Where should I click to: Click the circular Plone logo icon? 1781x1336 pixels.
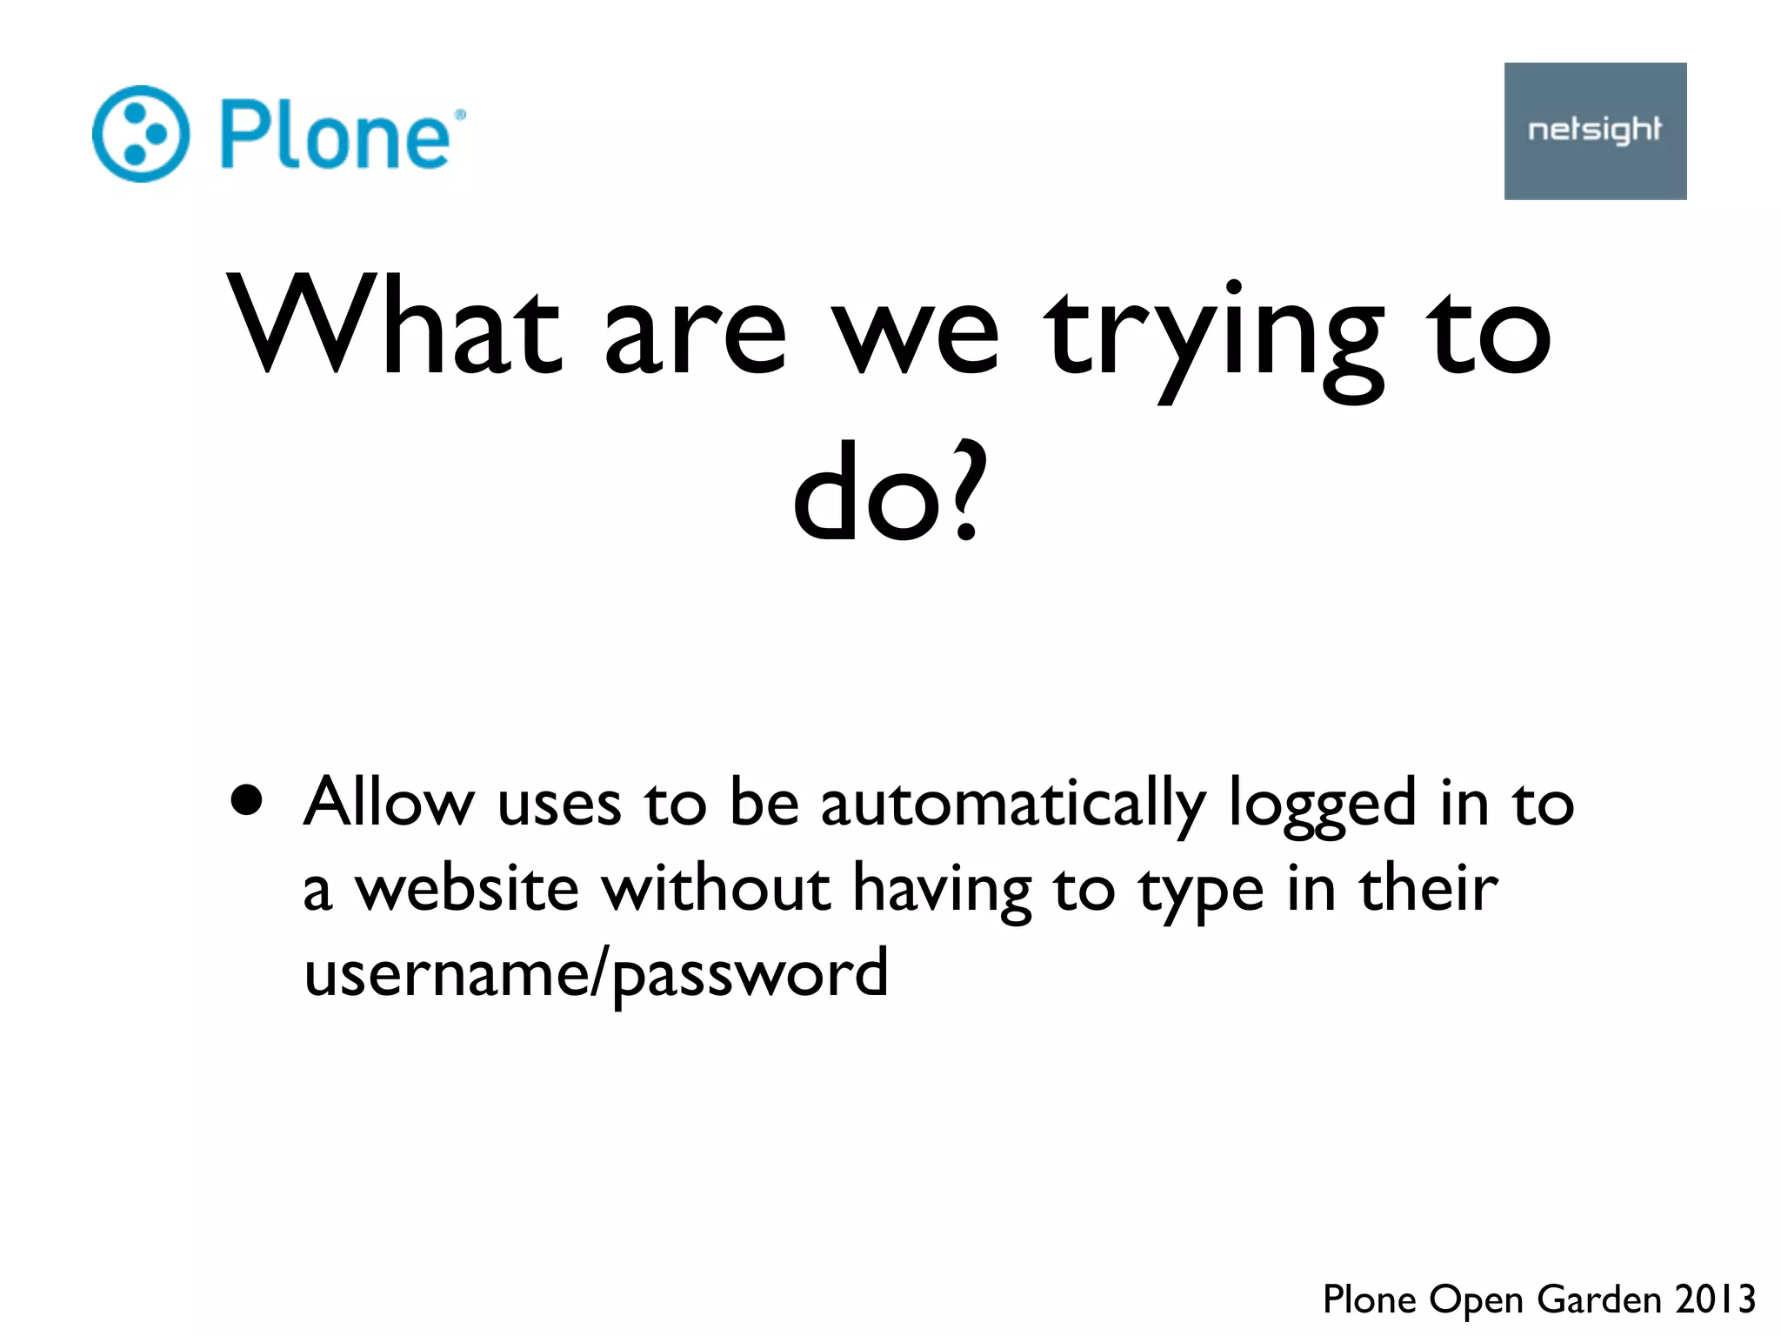point(140,134)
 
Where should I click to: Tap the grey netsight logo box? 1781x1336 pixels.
point(1595,131)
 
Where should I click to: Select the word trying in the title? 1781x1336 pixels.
point(1214,335)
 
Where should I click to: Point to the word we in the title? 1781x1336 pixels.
point(916,335)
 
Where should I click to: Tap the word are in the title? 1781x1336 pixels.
point(695,335)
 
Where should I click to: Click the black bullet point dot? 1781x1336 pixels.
point(247,800)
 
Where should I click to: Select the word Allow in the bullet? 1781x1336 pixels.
point(389,801)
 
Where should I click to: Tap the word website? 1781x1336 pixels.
point(467,888)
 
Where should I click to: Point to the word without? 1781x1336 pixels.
point(715,888)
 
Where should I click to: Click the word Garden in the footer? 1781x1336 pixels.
point(1599,1299)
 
